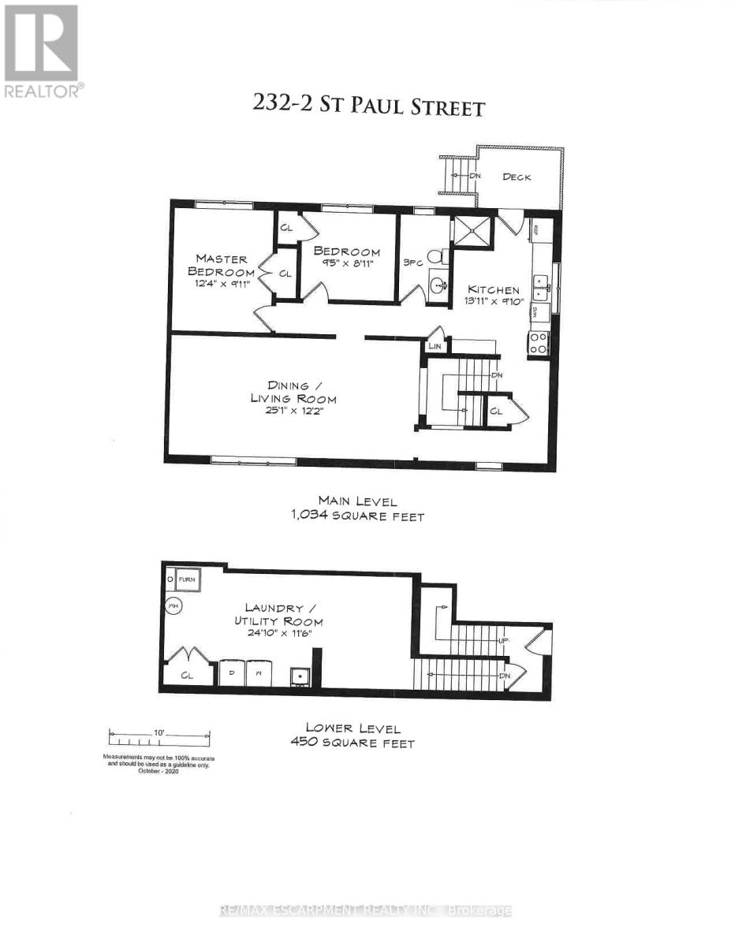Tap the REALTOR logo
click(x=41, y=50)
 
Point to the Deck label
click(x=517, y=177)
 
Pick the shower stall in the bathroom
click(x=471, y=233)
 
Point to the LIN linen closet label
click(x=434, y=345)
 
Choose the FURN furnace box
click(x=186, y=579)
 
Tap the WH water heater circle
click(x=173, y=605)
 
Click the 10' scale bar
click(x=160, y=738)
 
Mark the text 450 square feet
click(x=360, y=743)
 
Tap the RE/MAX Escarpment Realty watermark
click(x=365, y=911)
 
